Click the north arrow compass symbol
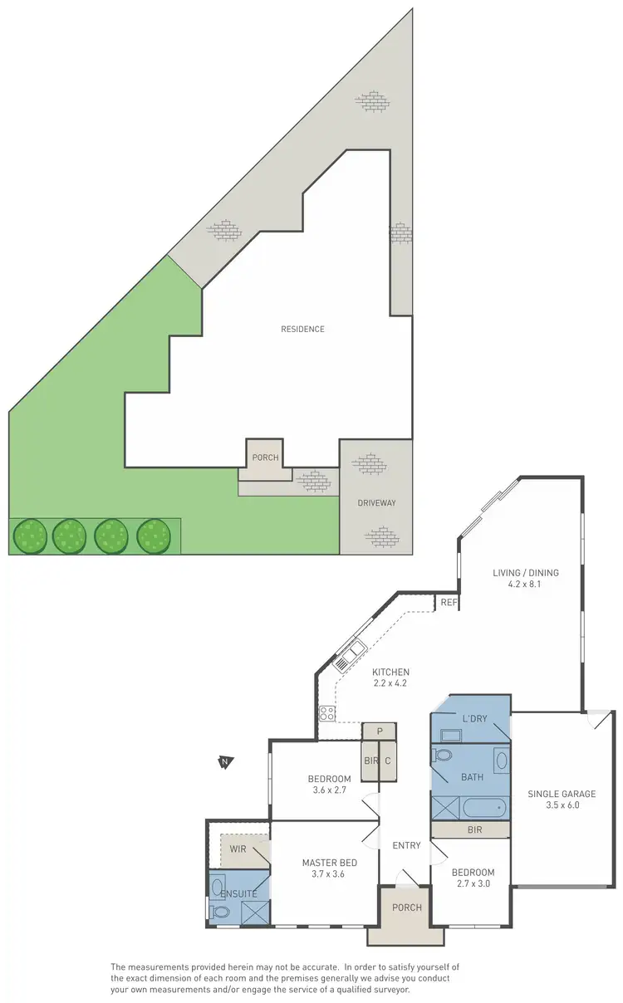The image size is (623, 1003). (x=223, y=762)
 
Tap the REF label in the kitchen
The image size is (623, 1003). (x=449, y=602)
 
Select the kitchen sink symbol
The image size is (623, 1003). (x=346, y=655)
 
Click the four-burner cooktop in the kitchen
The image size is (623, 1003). (x=326, y=712)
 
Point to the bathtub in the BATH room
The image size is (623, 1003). (x=483, y=807)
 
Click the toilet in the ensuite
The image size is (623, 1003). (x=221, y=912)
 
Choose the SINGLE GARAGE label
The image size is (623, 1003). (x=562, y=794)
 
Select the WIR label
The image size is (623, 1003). (x=238, y=849)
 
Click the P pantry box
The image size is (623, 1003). (x=379, y=731)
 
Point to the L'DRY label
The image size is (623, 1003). (x=474, y=718)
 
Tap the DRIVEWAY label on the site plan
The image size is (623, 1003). (x=376, y=503)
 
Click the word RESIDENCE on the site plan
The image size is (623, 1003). (x=302, y=329)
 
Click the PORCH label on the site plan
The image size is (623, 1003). (x=266, y=457)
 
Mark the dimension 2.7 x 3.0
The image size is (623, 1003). (x=473, y=884)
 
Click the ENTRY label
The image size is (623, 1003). (x=406, y=846)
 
